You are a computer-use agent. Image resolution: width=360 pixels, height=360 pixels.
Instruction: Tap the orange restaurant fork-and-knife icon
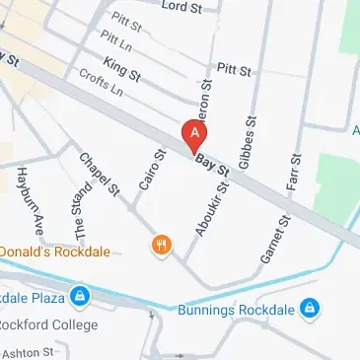coord(161,245)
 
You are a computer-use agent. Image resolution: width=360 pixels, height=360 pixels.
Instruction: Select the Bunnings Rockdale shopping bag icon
coord(310,309)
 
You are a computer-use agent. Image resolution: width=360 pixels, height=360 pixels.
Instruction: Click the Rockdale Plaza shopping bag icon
coord(81,295)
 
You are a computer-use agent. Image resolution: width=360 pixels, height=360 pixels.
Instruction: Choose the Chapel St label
coord(102,173)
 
